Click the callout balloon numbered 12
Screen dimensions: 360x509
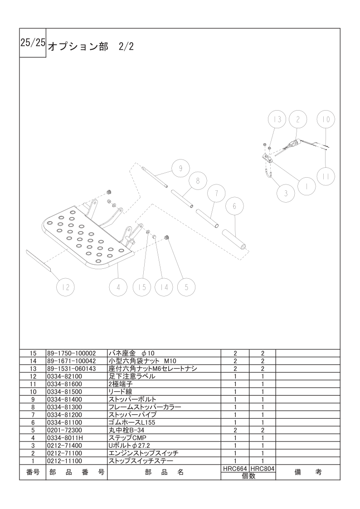click(x=66, y=287)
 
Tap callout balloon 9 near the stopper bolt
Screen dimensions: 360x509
click(x=180, y=168)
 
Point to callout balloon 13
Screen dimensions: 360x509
click(x=277, y=120)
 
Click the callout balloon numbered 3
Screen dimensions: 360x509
click(x=286, y=194)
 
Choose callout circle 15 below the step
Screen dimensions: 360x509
click(x=142, y=287)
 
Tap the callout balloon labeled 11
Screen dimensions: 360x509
click(x=326, y=176)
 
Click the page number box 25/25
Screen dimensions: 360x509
click(x=33, y=43)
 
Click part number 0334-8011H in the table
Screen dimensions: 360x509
click(x=64, y=438)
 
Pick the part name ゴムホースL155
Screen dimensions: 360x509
click(x=132, y=422)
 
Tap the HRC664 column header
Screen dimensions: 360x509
click(x=235, y=469)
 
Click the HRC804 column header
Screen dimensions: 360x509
click(x=263, y=469)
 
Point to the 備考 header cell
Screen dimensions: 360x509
click(x=308, y=472)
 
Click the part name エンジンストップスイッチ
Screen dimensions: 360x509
click(x=143, y=453)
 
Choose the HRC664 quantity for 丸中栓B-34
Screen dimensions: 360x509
click(x=235, y=430)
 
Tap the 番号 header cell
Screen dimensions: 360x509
click(x=33, y=472)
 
